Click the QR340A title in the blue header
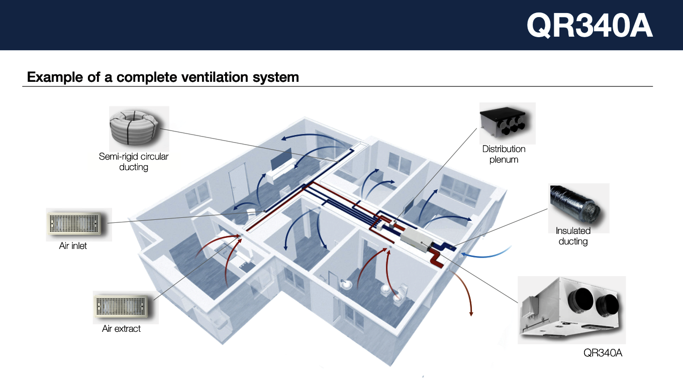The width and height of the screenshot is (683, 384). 589,25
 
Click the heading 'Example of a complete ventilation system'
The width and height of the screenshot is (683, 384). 163,77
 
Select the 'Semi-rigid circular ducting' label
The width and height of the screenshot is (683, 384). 134,162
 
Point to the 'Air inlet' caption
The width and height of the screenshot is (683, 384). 73,246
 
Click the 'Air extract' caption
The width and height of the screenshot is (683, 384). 122,329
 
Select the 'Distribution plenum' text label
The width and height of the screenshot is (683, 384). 504,154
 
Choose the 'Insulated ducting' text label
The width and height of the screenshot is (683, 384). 573,236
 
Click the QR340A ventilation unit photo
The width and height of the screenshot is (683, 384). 571,310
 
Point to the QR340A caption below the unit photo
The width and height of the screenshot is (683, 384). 603,353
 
